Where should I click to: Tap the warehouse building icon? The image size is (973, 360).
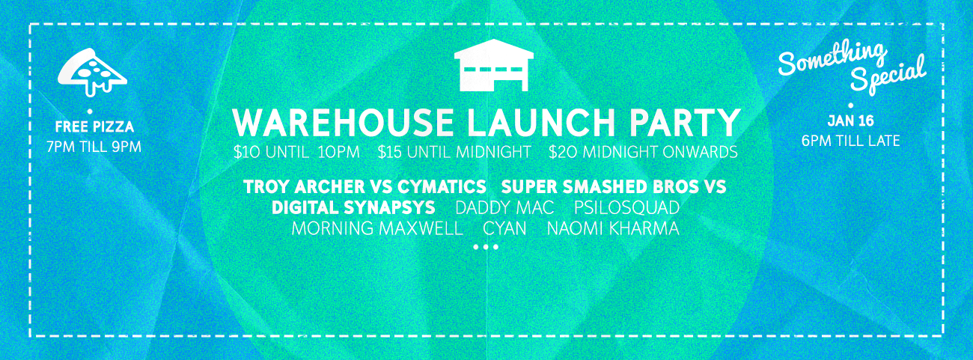coord(494,65)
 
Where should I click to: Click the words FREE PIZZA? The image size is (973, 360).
coord(94,126)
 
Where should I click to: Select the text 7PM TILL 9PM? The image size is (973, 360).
coord(94,147)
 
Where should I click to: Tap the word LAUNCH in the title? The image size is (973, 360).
coord(537,123)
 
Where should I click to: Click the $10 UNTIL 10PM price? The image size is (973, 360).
coord(296,152)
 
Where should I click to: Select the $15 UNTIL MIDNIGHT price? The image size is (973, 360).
coord(454,152)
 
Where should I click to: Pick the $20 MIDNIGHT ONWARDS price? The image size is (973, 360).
coord(643,152)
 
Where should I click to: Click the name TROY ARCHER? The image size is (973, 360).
coord(305,186)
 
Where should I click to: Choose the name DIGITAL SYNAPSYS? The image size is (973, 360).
coord(353,207)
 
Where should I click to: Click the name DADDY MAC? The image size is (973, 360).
coord(504,207)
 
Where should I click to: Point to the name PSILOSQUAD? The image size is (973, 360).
coord(626,207)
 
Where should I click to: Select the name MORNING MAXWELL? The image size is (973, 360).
coord(377,228)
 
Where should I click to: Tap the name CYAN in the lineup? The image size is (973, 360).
coord(504,228)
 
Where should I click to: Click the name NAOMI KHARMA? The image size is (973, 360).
coord(613,228)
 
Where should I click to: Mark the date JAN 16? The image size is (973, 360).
coord(850,121)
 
